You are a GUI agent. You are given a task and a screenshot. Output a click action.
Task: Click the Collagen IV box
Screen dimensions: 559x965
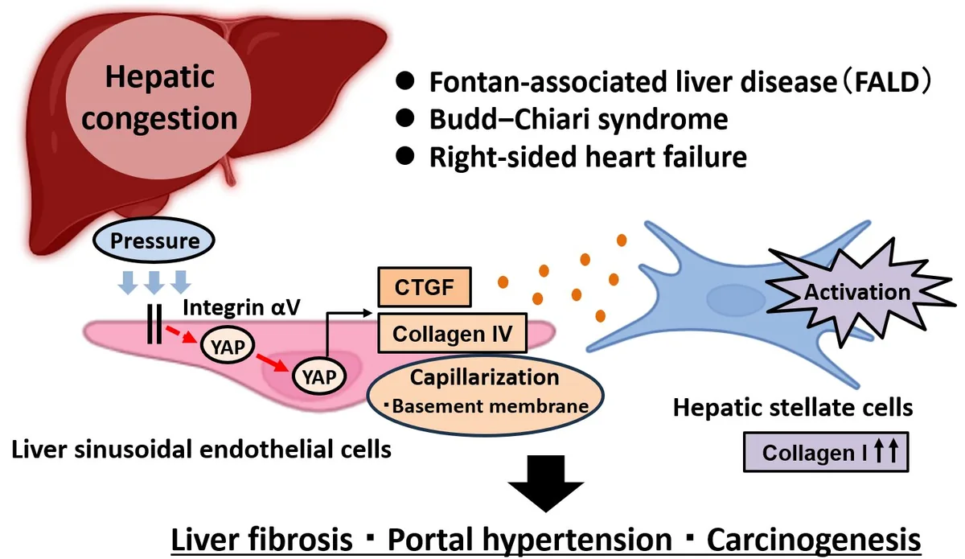(453, 333)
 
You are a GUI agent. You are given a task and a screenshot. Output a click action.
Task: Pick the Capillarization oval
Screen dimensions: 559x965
(484, 391)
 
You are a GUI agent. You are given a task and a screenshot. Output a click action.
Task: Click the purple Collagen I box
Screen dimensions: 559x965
(826, 453)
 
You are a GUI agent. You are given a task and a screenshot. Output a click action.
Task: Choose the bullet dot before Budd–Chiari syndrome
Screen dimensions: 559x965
(407, 121)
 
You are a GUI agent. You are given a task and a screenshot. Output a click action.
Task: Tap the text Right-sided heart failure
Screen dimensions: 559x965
(588, 158)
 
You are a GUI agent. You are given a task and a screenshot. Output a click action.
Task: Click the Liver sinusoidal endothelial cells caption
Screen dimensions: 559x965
(201, 448)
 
